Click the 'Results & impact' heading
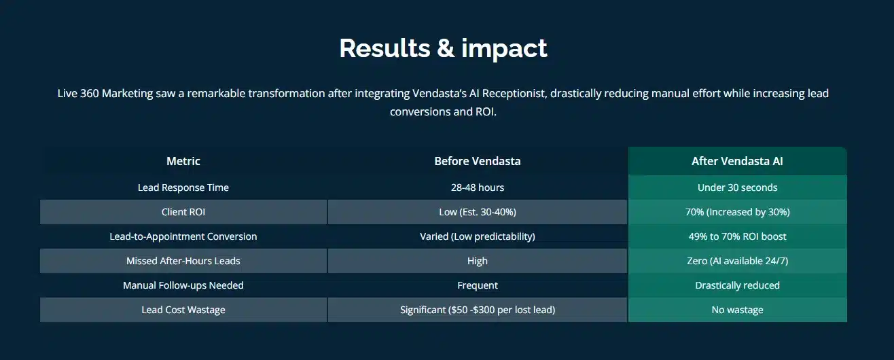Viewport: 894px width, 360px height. (x=443, y=48)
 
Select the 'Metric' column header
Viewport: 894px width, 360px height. (x=183, y=161)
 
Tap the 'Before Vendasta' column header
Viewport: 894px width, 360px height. (x=478, y=161)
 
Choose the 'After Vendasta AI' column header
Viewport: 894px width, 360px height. (x=737, y=161)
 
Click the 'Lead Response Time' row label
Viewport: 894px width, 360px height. (x=183, y=187)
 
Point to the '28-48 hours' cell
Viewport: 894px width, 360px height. (x=478, y=187)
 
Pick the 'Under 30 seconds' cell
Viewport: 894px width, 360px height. (x=737, y=187)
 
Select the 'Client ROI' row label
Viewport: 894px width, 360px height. (x=183, y=212)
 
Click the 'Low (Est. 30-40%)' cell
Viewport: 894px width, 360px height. (x=478, y=212)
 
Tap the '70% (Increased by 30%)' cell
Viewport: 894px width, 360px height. (x=737, y=212)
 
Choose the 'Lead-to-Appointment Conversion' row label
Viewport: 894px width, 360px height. (x=183, y=236)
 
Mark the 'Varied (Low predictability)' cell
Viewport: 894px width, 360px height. (x=478, y=236)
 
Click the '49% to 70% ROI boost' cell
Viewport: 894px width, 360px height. (x=737, y=236)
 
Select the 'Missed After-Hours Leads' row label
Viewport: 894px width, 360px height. (x=183, y=261)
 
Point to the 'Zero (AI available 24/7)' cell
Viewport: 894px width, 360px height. (x=737, y=261)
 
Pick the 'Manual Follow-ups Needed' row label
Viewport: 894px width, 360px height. (x=183, y=285)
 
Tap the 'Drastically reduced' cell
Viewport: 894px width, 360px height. (x=737, y=285)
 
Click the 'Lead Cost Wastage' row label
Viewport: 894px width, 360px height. (x=183, y=310)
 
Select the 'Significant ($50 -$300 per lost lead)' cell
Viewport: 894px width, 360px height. (x=478, y=310)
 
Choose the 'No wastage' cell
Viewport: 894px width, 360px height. (x=737, y=310)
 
